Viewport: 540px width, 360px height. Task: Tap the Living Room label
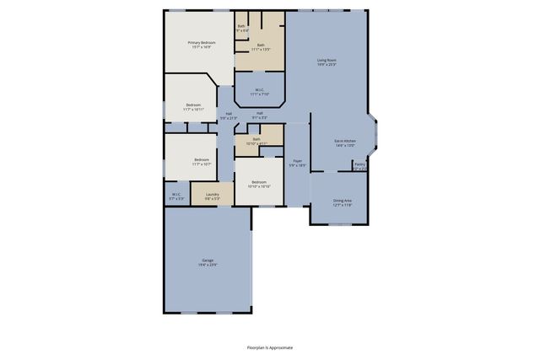[327, 60]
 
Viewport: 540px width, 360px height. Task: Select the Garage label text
[208, 260]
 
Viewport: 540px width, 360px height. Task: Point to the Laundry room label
[212, 195]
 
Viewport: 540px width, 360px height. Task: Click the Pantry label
[359, 164]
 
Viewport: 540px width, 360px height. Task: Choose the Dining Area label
[342, 200]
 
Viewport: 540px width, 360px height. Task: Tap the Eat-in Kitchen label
[344, 141]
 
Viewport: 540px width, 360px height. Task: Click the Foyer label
[297, 160]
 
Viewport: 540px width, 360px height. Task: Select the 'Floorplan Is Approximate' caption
[270, 347]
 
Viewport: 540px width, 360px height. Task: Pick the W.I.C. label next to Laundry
[177, 195]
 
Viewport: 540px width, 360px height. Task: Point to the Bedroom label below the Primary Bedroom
[193, 105]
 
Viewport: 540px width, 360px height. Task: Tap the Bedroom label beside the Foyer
[258, 182]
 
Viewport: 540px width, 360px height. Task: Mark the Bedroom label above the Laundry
[202, 159]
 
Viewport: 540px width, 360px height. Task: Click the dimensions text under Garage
[208, 265]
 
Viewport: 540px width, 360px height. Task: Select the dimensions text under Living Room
[327, 65]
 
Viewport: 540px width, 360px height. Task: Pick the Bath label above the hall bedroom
[256, 139]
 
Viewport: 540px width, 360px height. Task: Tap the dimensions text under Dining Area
[342, 205]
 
